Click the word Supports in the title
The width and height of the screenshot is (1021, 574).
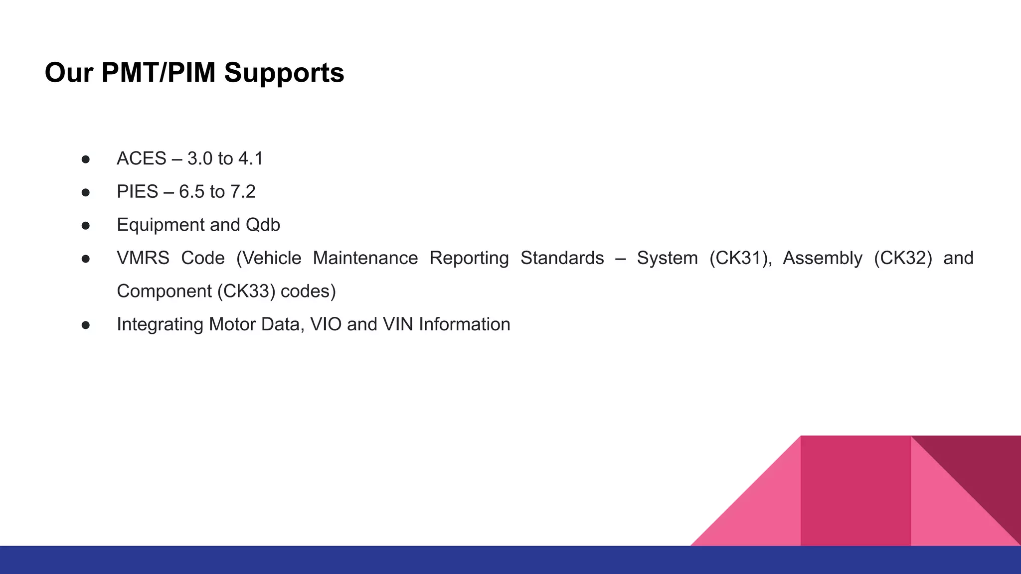coord(284,73)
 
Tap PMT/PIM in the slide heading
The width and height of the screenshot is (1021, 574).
coord(158,73)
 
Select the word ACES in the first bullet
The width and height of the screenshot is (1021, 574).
coord(141,158)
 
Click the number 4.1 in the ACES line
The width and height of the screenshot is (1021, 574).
coord(250,158)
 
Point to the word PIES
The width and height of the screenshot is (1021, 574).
coord(137,191)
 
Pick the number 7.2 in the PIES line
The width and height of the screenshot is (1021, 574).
coord(243,191)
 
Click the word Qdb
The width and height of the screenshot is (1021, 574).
coord(263,225)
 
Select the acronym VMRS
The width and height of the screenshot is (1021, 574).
coord(143,258)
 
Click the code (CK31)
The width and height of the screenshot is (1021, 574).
coord(740,258)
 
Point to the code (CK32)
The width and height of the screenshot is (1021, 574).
coord(903,258)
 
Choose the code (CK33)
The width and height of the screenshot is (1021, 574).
coord(246,291)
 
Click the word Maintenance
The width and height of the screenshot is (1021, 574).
coord(365,258)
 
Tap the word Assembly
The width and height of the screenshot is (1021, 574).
coord(823,258)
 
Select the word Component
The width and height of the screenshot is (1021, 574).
coord(164,291)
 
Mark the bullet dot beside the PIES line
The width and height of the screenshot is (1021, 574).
coord(86,192)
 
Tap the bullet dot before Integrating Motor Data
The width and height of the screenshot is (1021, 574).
coord(86,325)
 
